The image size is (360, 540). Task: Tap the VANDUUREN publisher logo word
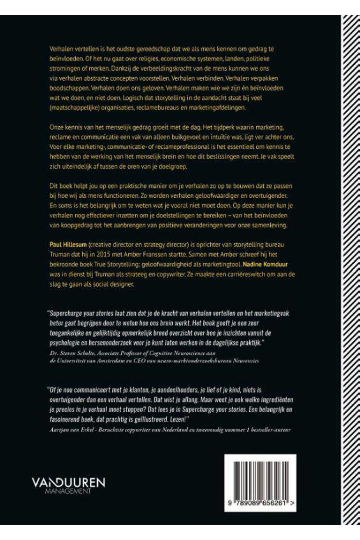tap(68, 483)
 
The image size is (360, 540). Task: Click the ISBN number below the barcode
tap(260, 503)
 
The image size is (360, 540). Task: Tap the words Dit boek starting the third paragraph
tap(62, 186)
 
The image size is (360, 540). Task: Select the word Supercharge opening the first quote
tap(66, 313)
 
